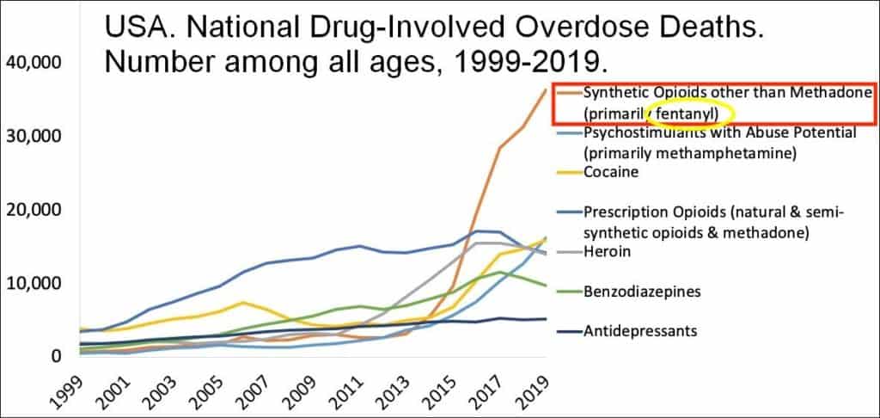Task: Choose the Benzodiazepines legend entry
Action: pyautogui.click(x=641, y=292)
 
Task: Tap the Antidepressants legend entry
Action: pyautogui.click(x=639, y=329)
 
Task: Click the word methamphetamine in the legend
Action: pyautogui.click(x=722, y=153)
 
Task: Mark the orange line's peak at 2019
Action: pyautogui.click(x=546, y=89)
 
